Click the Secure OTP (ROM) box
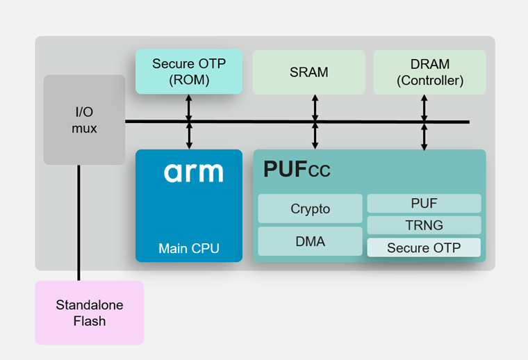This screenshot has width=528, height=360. [189, 72]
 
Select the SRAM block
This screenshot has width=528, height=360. [308, 72]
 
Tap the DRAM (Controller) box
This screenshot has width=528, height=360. [429, 72]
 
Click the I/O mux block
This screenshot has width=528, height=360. [84, 120]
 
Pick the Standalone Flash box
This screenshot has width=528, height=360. [90, 313]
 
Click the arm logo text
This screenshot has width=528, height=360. [193, 172]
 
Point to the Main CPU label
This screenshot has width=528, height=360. [189, 248]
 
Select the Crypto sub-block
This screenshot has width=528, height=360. [310, 208]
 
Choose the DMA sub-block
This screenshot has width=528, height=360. [310, 241]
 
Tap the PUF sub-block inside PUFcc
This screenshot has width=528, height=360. [424, 204]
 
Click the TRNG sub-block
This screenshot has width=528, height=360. [424, 225]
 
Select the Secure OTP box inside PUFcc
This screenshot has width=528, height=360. [424, 247]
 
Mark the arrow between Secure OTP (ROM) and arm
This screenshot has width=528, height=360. [189, 122]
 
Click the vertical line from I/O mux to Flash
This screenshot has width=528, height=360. [79, 222]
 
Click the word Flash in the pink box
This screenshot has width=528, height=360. [90, 320]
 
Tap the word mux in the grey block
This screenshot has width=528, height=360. [84, 128]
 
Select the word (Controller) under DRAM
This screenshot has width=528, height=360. [429, 80]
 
